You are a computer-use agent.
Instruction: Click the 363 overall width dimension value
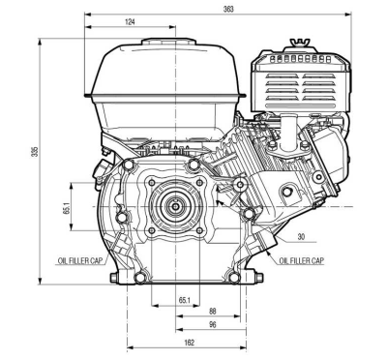click(228, 9)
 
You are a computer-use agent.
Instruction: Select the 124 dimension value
click(130, 22)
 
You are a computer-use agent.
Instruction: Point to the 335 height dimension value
click(35, 152)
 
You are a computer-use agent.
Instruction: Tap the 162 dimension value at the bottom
click(191, 343)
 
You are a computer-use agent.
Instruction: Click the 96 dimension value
click(212, 324)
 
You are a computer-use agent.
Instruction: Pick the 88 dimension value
click(212, 312)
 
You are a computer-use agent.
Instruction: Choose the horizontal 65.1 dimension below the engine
click(184, 300)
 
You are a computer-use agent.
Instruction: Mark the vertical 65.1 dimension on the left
click(67, 208)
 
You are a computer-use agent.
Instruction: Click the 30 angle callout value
click(301, 237)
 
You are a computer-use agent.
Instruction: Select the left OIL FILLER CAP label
click(80, 260)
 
